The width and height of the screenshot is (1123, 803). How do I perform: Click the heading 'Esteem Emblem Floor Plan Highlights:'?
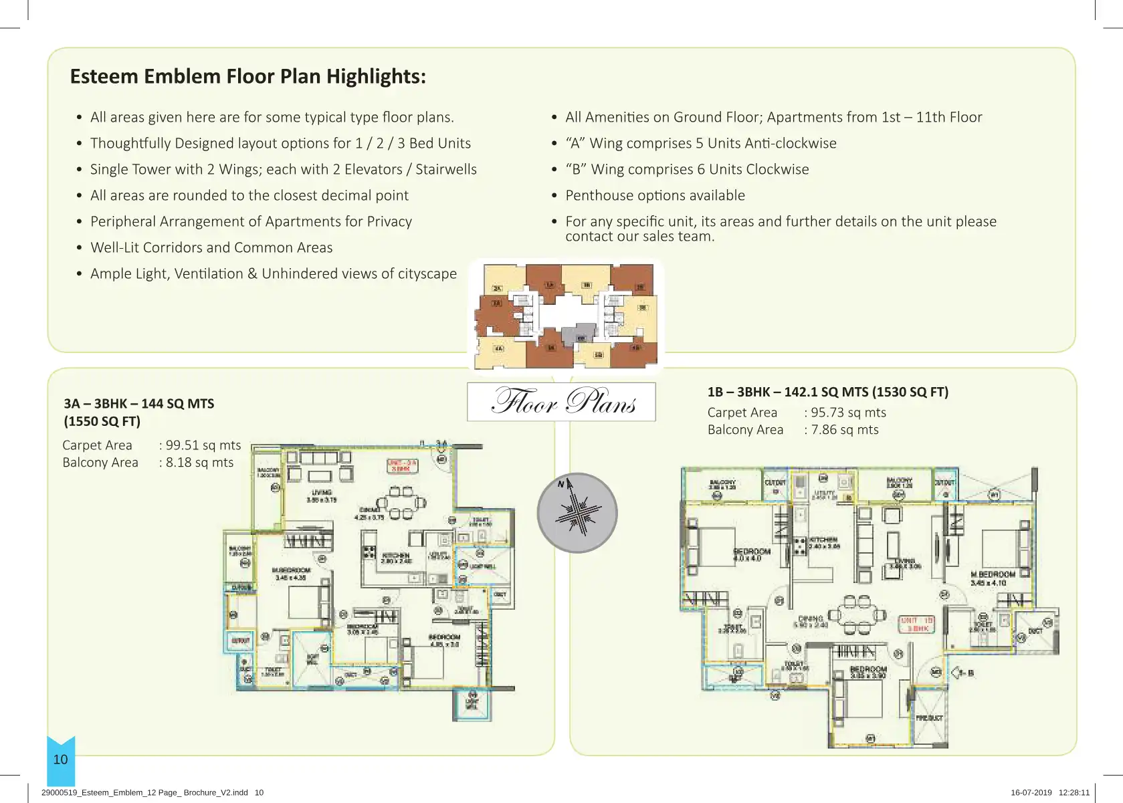247,76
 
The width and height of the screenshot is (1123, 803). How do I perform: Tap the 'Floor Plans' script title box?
561,401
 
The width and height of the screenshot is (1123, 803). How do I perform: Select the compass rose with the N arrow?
577,513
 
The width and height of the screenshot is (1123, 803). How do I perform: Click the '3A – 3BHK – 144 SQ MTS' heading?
139,404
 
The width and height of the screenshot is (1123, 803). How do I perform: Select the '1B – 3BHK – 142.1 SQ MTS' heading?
827,392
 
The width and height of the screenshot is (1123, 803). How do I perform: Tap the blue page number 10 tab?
61,760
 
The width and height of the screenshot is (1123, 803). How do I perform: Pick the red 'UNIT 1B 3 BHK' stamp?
916,624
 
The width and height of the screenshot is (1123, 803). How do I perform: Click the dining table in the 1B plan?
857,614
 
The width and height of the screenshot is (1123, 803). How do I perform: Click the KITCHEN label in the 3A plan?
395,558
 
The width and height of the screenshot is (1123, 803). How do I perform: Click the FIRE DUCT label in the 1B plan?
929,718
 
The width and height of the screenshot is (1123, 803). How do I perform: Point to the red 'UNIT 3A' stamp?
401,466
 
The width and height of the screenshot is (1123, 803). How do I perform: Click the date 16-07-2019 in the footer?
1031,792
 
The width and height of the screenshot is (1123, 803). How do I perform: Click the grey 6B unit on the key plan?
579,334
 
